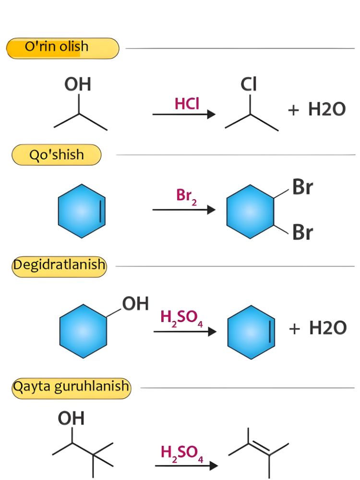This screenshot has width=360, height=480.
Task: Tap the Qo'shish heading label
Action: coord(56,155)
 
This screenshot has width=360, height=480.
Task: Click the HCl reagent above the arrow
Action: coord(187,104)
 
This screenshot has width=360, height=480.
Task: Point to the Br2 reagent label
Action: coord(186,196)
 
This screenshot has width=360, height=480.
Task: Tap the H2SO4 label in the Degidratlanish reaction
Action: coord(181,318)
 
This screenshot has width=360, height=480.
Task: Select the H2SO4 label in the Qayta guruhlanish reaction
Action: coord(181,453)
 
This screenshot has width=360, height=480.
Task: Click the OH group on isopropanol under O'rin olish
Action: coord(78,84)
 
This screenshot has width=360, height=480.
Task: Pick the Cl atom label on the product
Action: coord(248,84)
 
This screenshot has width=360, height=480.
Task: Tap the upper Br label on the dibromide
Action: coord(302,187)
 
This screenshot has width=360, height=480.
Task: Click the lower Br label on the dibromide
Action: coord(302,232)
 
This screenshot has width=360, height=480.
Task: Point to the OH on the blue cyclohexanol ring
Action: coord(135,303)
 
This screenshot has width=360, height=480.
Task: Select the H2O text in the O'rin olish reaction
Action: coord(326,109)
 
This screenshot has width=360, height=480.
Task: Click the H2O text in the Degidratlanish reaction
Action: coord(327,327)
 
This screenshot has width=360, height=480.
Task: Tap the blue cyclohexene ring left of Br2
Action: coord(82,211)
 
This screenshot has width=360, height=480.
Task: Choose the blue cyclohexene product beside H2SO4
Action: coord(251,332)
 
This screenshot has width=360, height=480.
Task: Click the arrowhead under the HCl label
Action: coord(211,114)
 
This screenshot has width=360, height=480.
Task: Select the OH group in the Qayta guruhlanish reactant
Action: coord(71,418)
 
